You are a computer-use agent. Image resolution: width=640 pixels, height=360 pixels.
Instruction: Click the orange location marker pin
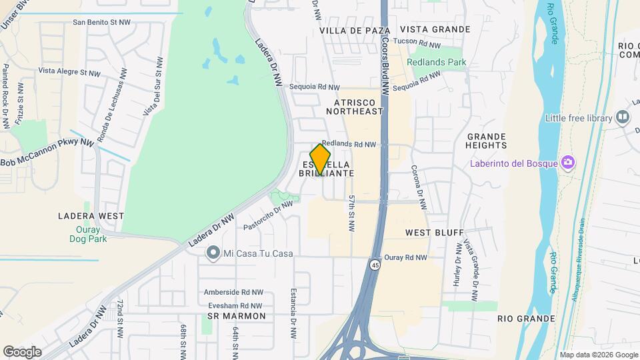coord(321,159)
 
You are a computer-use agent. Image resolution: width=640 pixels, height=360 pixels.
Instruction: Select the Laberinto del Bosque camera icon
coord(567,163)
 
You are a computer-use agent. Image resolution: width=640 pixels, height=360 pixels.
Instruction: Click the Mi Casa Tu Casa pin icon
coord(213,253)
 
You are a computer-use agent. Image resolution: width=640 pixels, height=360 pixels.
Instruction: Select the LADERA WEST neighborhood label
coord(91,216)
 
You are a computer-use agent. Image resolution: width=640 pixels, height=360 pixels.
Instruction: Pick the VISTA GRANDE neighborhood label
coord(435,29)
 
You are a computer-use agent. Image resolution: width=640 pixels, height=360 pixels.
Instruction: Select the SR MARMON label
coord(237,315)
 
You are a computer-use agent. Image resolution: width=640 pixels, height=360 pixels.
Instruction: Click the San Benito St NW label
coord(101,22)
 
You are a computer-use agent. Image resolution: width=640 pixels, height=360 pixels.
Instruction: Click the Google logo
coord(23,351)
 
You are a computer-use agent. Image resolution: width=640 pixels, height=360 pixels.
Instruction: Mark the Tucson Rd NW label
coord(417,44)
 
